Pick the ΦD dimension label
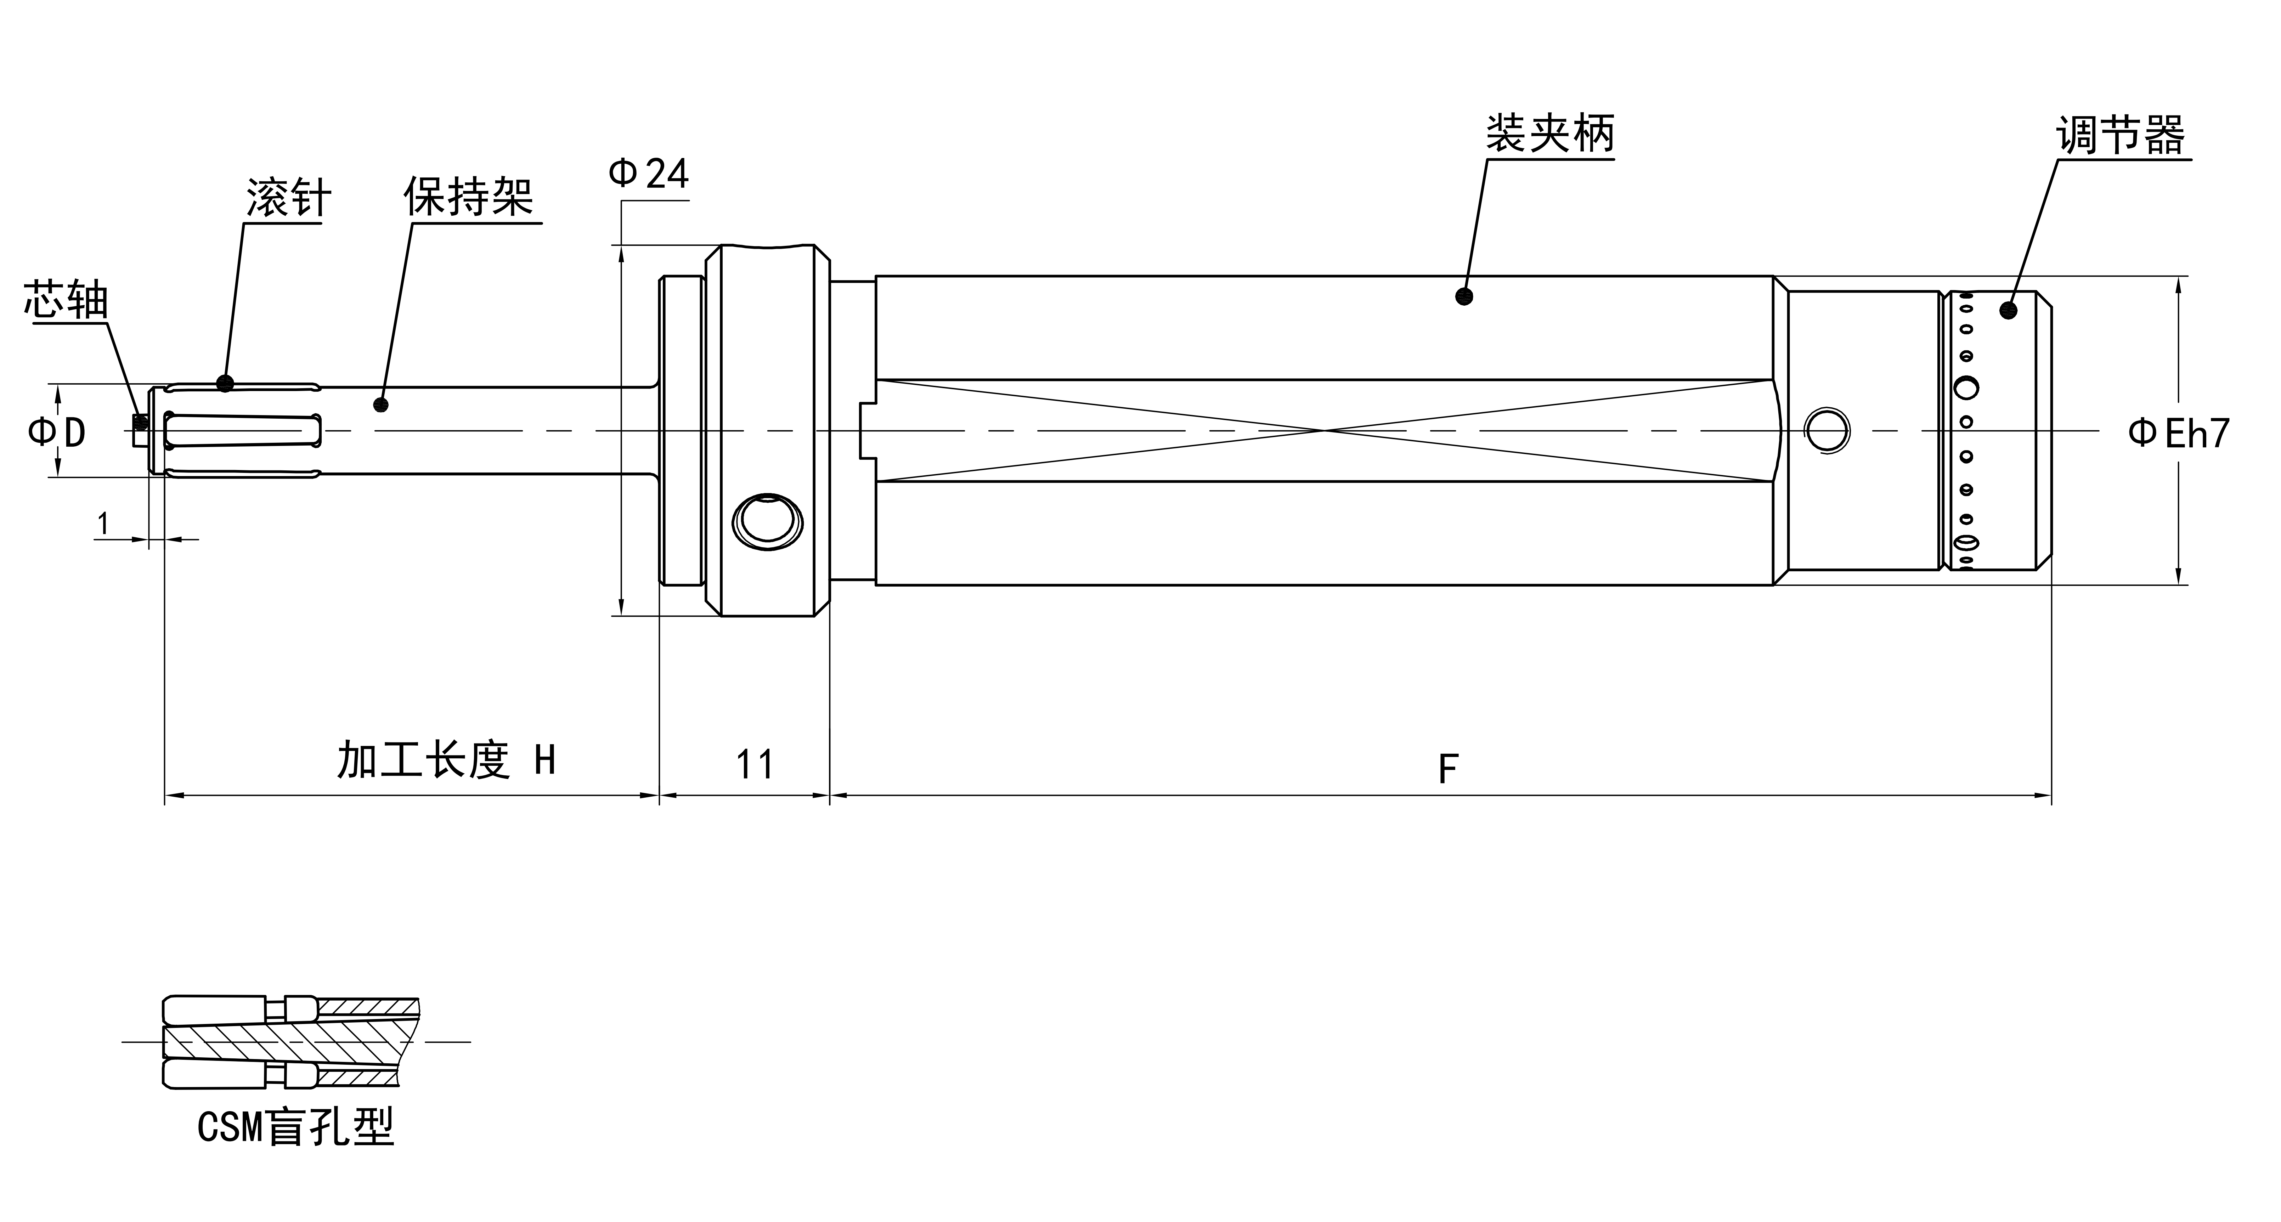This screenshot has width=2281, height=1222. (57, 432)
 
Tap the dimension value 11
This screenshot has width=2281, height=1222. (755, 764)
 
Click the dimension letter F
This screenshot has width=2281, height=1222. (1447, 769)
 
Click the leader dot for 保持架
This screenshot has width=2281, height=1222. (381, 404)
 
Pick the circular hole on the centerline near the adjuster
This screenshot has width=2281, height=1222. (1828, 431)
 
